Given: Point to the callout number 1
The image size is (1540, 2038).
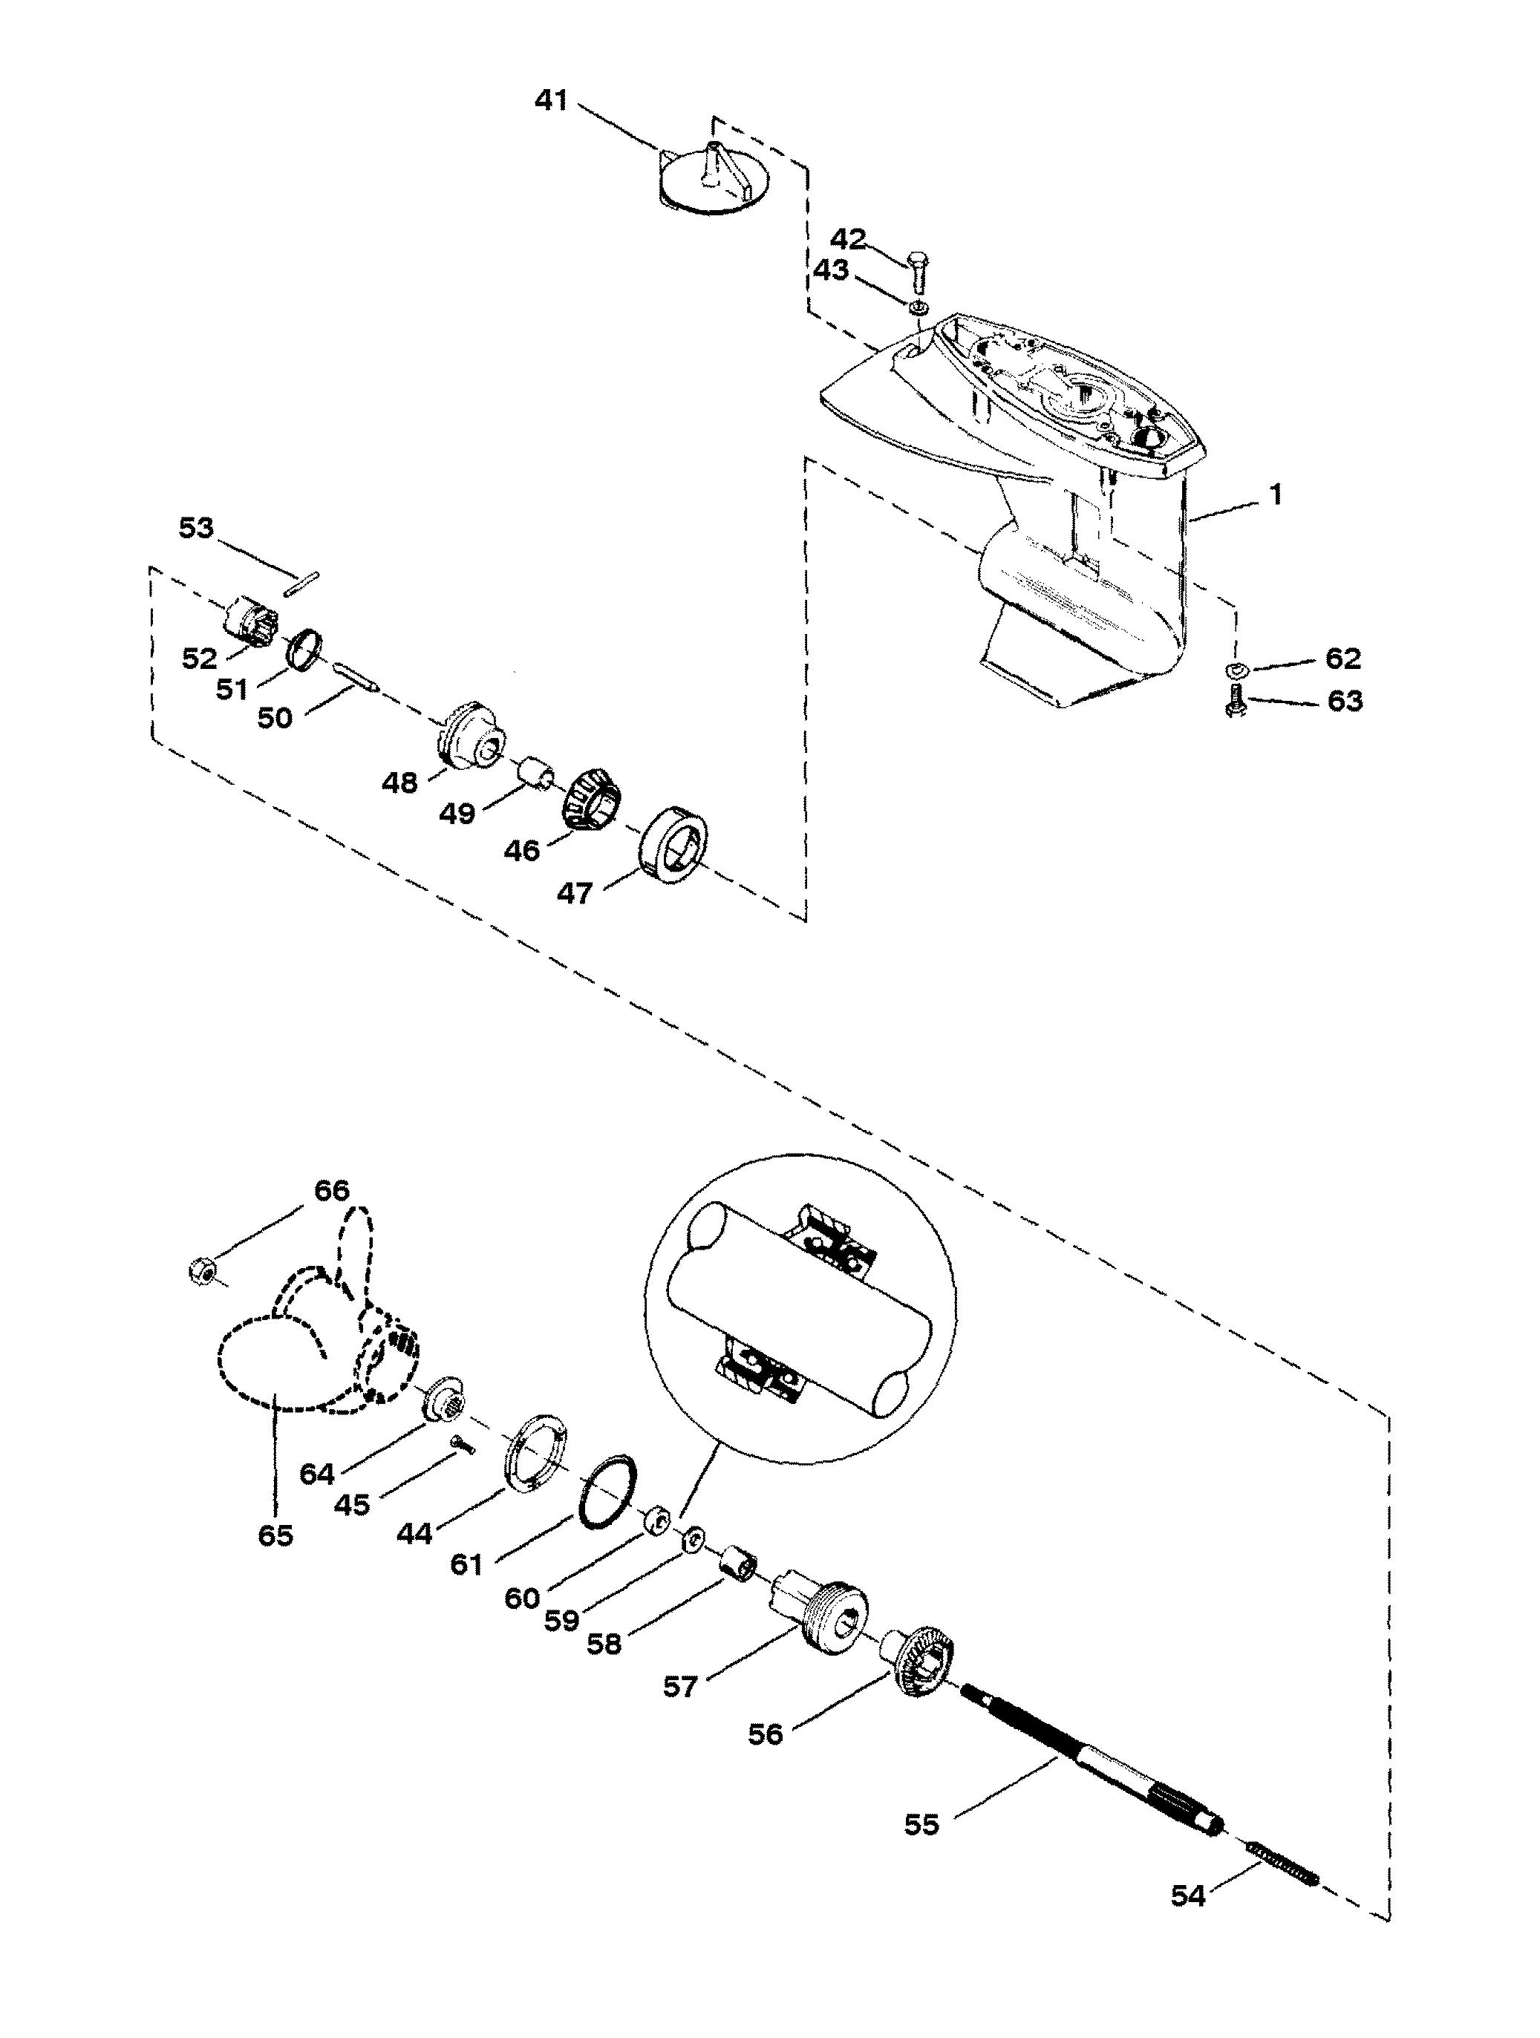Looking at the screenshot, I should click(1276, 494).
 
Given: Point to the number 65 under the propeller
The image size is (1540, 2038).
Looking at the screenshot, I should click(275, 1536).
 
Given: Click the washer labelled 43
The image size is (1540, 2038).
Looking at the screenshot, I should click(917, 307).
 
